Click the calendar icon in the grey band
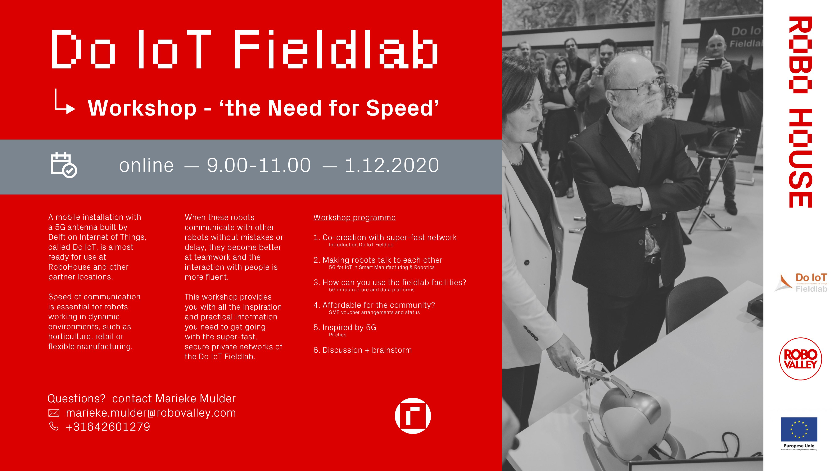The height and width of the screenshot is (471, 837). coord(64,165)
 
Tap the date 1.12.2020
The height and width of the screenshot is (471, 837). coord(392,165)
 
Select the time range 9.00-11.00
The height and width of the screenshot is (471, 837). coord(259,165)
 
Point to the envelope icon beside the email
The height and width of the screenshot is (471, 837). coord(54,413)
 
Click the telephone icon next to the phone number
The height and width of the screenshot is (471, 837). coord(54,426)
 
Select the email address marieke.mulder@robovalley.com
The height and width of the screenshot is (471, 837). coord(151,413)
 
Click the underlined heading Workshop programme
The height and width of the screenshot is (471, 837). coord(354,217)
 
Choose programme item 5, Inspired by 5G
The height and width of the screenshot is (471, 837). coord(345,327)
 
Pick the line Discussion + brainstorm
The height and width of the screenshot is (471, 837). coord(363,350)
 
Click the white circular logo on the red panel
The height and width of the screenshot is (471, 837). coord(413,416)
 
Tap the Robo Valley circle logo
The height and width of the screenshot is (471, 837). coord(801,359)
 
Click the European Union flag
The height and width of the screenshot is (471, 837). coord(799,429)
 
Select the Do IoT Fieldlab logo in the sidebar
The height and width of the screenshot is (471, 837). coord(801,282)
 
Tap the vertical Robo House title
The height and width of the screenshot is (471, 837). coord(800,112)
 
